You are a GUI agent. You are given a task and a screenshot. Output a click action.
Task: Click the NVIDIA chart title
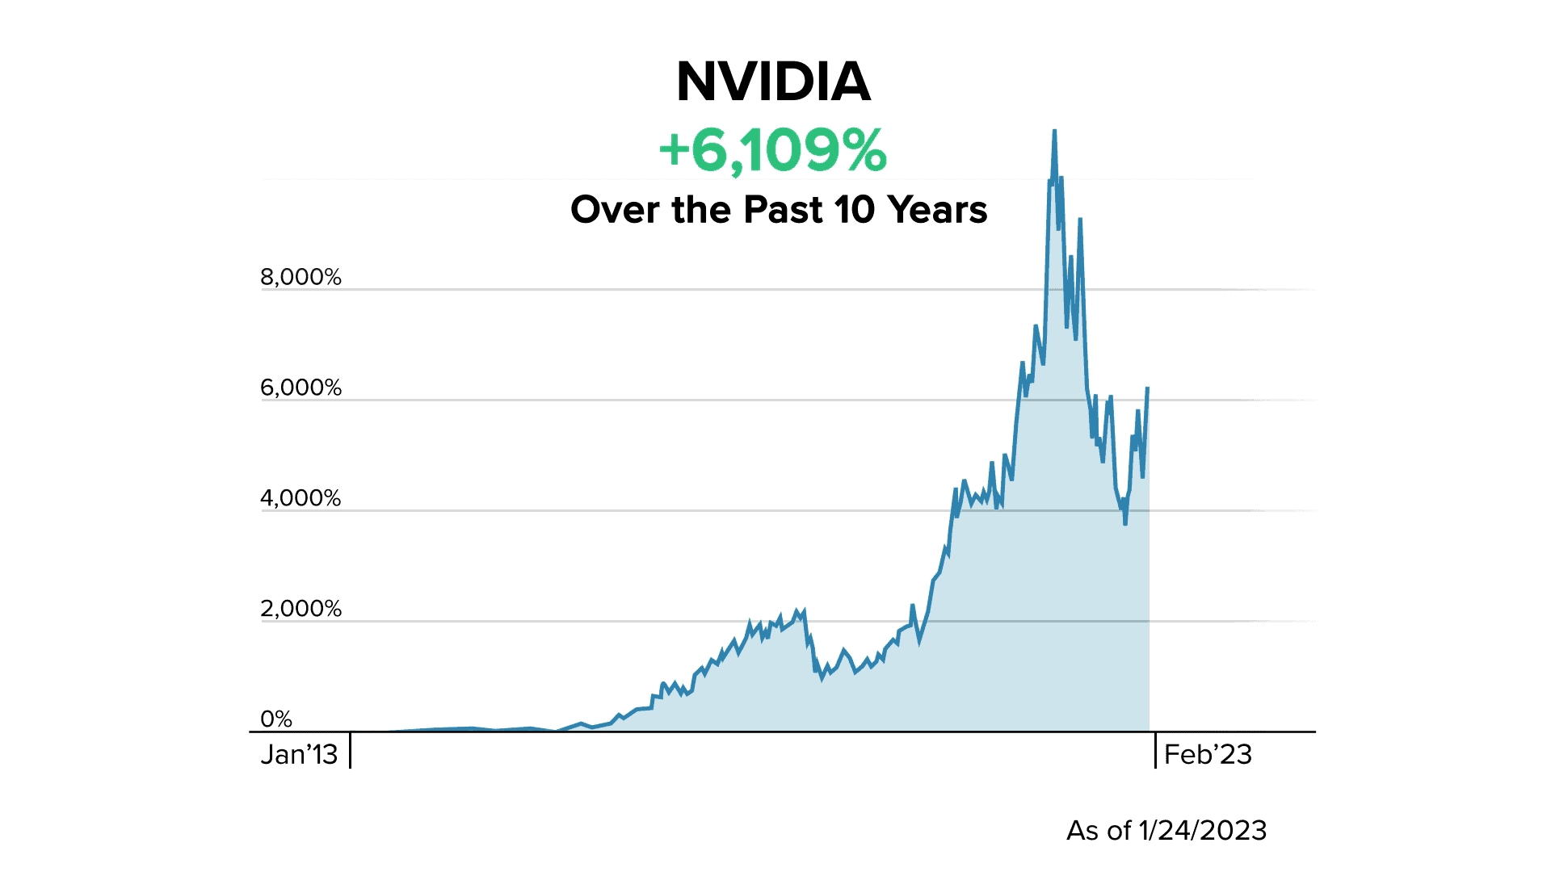[x=773, y=82]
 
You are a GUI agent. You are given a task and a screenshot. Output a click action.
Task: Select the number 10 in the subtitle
[x=855, y=210]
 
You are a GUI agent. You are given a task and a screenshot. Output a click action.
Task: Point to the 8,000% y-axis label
[x=301, y=277]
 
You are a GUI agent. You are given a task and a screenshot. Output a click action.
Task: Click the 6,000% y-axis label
[x=301, y=388]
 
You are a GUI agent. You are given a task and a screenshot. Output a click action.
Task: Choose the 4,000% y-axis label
[x=301, y=498]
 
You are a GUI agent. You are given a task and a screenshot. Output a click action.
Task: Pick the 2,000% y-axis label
[x=301, y=609]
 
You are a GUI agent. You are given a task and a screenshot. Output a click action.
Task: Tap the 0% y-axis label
[x=276, y=719]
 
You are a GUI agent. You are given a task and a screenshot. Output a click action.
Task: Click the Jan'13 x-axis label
[x=299, y=754]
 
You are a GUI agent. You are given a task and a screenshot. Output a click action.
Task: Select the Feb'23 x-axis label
[x=1208, y=754]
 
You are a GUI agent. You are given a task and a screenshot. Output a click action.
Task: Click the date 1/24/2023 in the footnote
[x=1202, y=830]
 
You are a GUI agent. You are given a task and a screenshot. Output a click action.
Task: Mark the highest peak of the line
[x=1054, y=131]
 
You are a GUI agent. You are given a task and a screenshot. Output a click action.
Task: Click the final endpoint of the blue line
[x=1148, y=388]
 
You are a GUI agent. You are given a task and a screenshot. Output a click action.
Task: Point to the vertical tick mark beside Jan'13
[x=350, y=750]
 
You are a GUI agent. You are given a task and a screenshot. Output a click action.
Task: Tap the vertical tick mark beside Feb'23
[x=1155, y=750]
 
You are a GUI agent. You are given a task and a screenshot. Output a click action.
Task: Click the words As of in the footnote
[x=1098, y=830]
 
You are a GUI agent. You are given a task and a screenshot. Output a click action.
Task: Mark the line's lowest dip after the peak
[x=1124, y=524]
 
